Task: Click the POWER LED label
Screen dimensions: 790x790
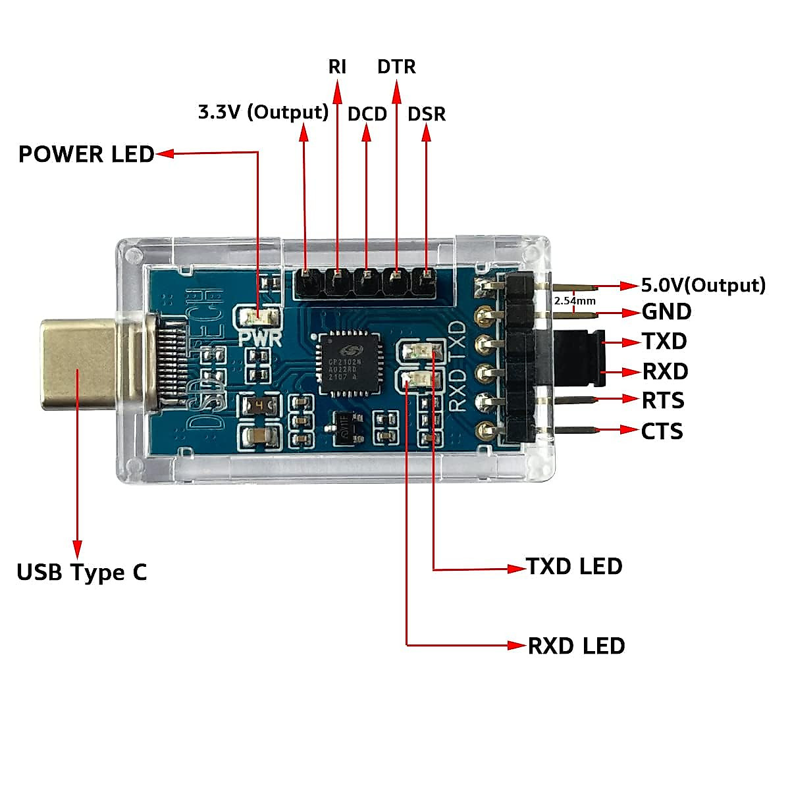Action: click(x=86, y=154)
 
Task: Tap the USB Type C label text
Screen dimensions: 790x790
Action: click(x=82, y=572)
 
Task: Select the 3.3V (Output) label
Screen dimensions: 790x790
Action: click(x=263, y=112)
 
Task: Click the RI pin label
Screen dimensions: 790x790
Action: click(x=337, y=66)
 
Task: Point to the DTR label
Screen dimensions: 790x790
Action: click(x=396, y=66)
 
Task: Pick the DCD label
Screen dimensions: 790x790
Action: click(x=367, y=114)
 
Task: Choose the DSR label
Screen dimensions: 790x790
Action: click(x=427, y=114)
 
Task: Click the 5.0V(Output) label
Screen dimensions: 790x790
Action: click(x=703, y=285)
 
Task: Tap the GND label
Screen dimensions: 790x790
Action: click(x=666, y=311)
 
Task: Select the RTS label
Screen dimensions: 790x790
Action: click(x=663, y=400)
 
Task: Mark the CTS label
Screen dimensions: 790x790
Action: click(x=662, y=431)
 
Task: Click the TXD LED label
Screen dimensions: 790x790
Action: click(x=574, y=566)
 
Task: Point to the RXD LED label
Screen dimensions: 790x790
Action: click(x=576, y=646)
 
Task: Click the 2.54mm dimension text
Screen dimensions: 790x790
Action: click(x=575, y=301)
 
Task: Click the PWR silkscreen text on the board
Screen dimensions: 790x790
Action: click(x=260, y=339)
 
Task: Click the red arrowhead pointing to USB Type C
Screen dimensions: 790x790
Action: click(x=78, y=549)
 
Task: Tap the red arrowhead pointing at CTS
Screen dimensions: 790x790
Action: click(x=629, y=431)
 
